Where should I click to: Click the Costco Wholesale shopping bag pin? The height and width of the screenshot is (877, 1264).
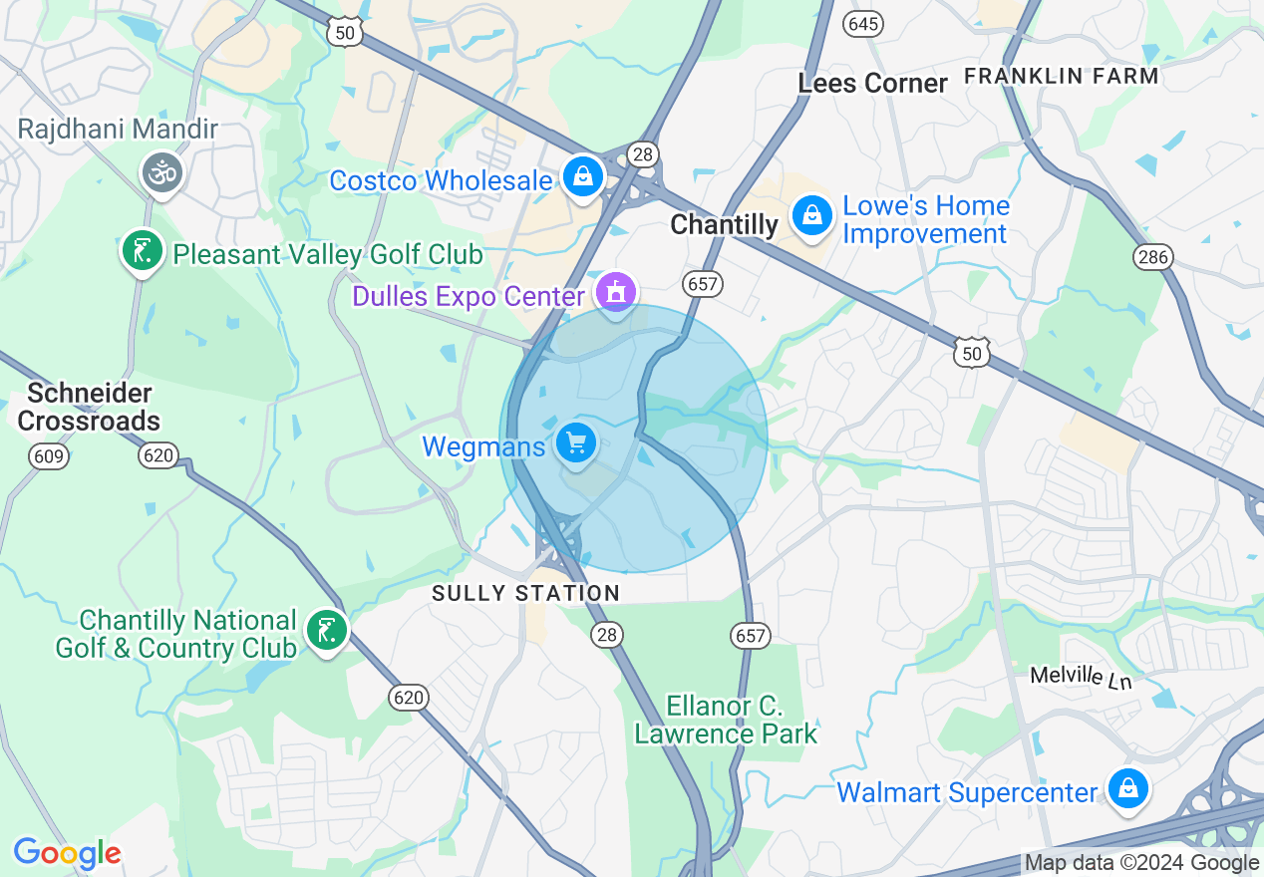pos(583,177)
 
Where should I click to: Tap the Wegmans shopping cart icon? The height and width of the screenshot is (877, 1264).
pos(575,442)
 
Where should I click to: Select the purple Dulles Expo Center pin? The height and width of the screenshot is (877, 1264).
pos(616,292)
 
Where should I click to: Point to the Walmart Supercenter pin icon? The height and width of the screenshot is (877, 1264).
pos(1127,788)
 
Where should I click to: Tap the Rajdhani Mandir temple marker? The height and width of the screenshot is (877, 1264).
pos(161,172)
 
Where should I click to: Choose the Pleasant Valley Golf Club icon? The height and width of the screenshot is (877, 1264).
pos(142,250)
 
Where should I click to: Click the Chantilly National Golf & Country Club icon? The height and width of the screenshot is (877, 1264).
pos(325,630)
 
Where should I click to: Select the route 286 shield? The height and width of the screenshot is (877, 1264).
pos(1153,257)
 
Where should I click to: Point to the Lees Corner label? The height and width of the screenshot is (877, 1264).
pos(872,84)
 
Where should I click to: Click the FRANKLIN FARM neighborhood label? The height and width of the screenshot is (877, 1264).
pos(1062,76)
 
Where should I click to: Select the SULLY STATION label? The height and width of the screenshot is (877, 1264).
pos(525,593)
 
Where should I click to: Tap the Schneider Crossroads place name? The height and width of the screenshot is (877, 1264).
pos(89,407)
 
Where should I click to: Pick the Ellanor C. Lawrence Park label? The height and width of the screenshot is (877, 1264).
pos(726,721)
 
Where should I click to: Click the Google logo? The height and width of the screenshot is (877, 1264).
pos(67,853)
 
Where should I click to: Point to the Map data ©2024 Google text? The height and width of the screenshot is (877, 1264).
pos(1141,863)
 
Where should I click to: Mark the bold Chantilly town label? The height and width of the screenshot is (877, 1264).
pos(724,225)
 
